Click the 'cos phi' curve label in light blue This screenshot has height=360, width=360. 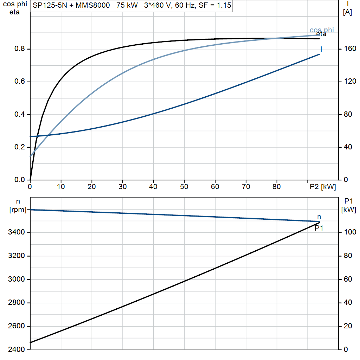click(322, 30)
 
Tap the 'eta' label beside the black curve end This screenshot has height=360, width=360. click(321, 34)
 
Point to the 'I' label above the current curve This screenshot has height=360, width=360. click(321, 49)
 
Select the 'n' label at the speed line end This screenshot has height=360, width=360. click(319, 217)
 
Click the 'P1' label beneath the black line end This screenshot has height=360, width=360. click(319, 228)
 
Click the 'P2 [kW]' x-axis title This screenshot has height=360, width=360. click(323, 187)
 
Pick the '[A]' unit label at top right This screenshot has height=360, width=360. click(347, 12)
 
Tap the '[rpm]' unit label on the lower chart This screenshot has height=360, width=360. click(18, 210)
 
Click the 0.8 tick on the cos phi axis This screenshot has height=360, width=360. click(20, 49)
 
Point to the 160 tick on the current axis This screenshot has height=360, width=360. click(350, 49)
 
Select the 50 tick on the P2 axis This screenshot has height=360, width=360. click(184, 187)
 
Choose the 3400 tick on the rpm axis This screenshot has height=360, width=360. click(16, 232)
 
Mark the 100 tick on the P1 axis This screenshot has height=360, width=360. click(350, 232)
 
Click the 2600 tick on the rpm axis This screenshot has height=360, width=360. click(16, 326)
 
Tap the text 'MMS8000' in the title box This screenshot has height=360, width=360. click(93, 5)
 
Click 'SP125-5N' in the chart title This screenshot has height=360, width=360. click(50, 5)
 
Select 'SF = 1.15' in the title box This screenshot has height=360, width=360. click(215, 5)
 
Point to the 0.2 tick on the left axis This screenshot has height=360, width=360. click(20, 147)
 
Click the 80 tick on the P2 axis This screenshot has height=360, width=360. click(277, 187)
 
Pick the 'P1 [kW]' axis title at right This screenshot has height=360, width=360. click(348, 205)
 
